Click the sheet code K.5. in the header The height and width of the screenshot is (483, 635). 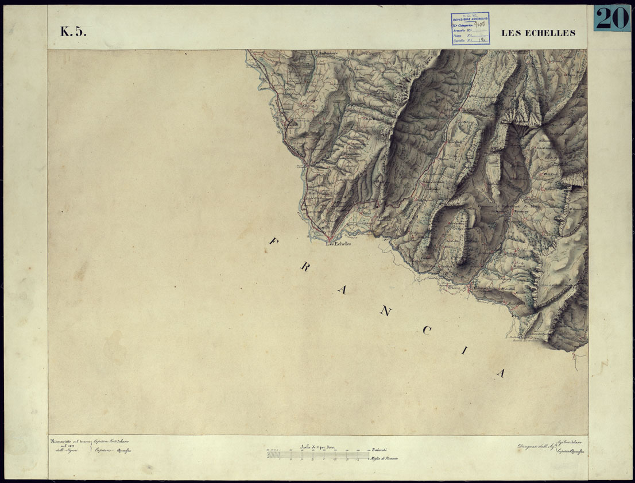(x=73, y=32)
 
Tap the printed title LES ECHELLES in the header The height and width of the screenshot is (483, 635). (x=538, y=33)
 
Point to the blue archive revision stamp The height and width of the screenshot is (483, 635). (x=470, y=28)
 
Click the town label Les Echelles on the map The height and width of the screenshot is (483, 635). (x=338, y=243)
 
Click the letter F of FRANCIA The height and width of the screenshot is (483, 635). (x=273, y=241)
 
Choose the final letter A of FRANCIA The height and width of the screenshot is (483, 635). (x=501, y=373)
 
